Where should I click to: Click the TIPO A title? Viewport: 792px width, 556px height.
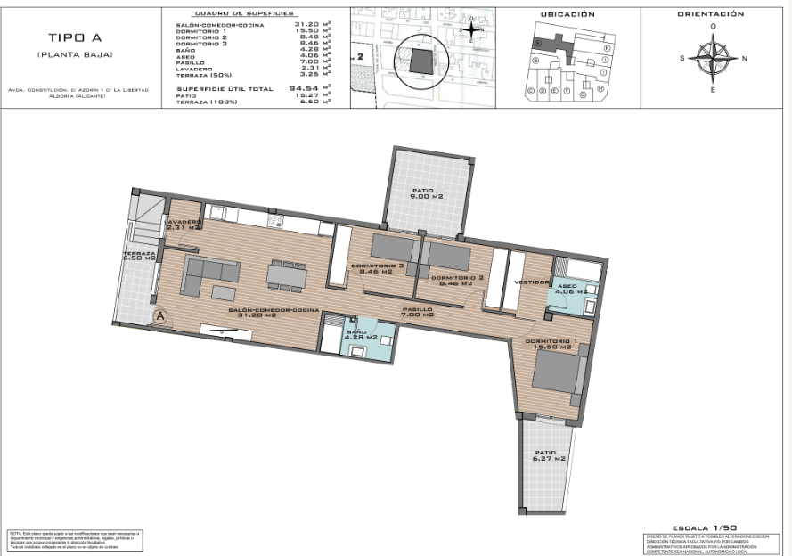pyautogui.click(x=69, y=37)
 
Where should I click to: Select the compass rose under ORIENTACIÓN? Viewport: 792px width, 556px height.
pyautogui.click(x=712, y=59)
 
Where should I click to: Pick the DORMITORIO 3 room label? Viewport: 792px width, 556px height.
pyautogui.click(x=378, y=269)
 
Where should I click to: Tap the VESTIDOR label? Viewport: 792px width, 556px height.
pyautogui.click(x=533, y=282)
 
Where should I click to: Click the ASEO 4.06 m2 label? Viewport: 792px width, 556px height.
pyautogui.click(x=570, y=289)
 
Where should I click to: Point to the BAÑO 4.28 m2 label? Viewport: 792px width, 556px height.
pyautogui.click(x=360, y=334)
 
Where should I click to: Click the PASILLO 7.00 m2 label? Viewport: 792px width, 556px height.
pyautogui.click(x=416, y=312)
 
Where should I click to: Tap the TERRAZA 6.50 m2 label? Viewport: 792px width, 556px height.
pyautogui.click(x=140, y=256)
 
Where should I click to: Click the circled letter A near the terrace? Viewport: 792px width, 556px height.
pyautogui.click(x=160, y=315)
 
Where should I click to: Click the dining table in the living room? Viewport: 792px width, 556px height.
pyautogui.click(x=286, y=274)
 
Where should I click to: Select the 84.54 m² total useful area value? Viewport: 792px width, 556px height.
pyautogui.click(x=304, y=88)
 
